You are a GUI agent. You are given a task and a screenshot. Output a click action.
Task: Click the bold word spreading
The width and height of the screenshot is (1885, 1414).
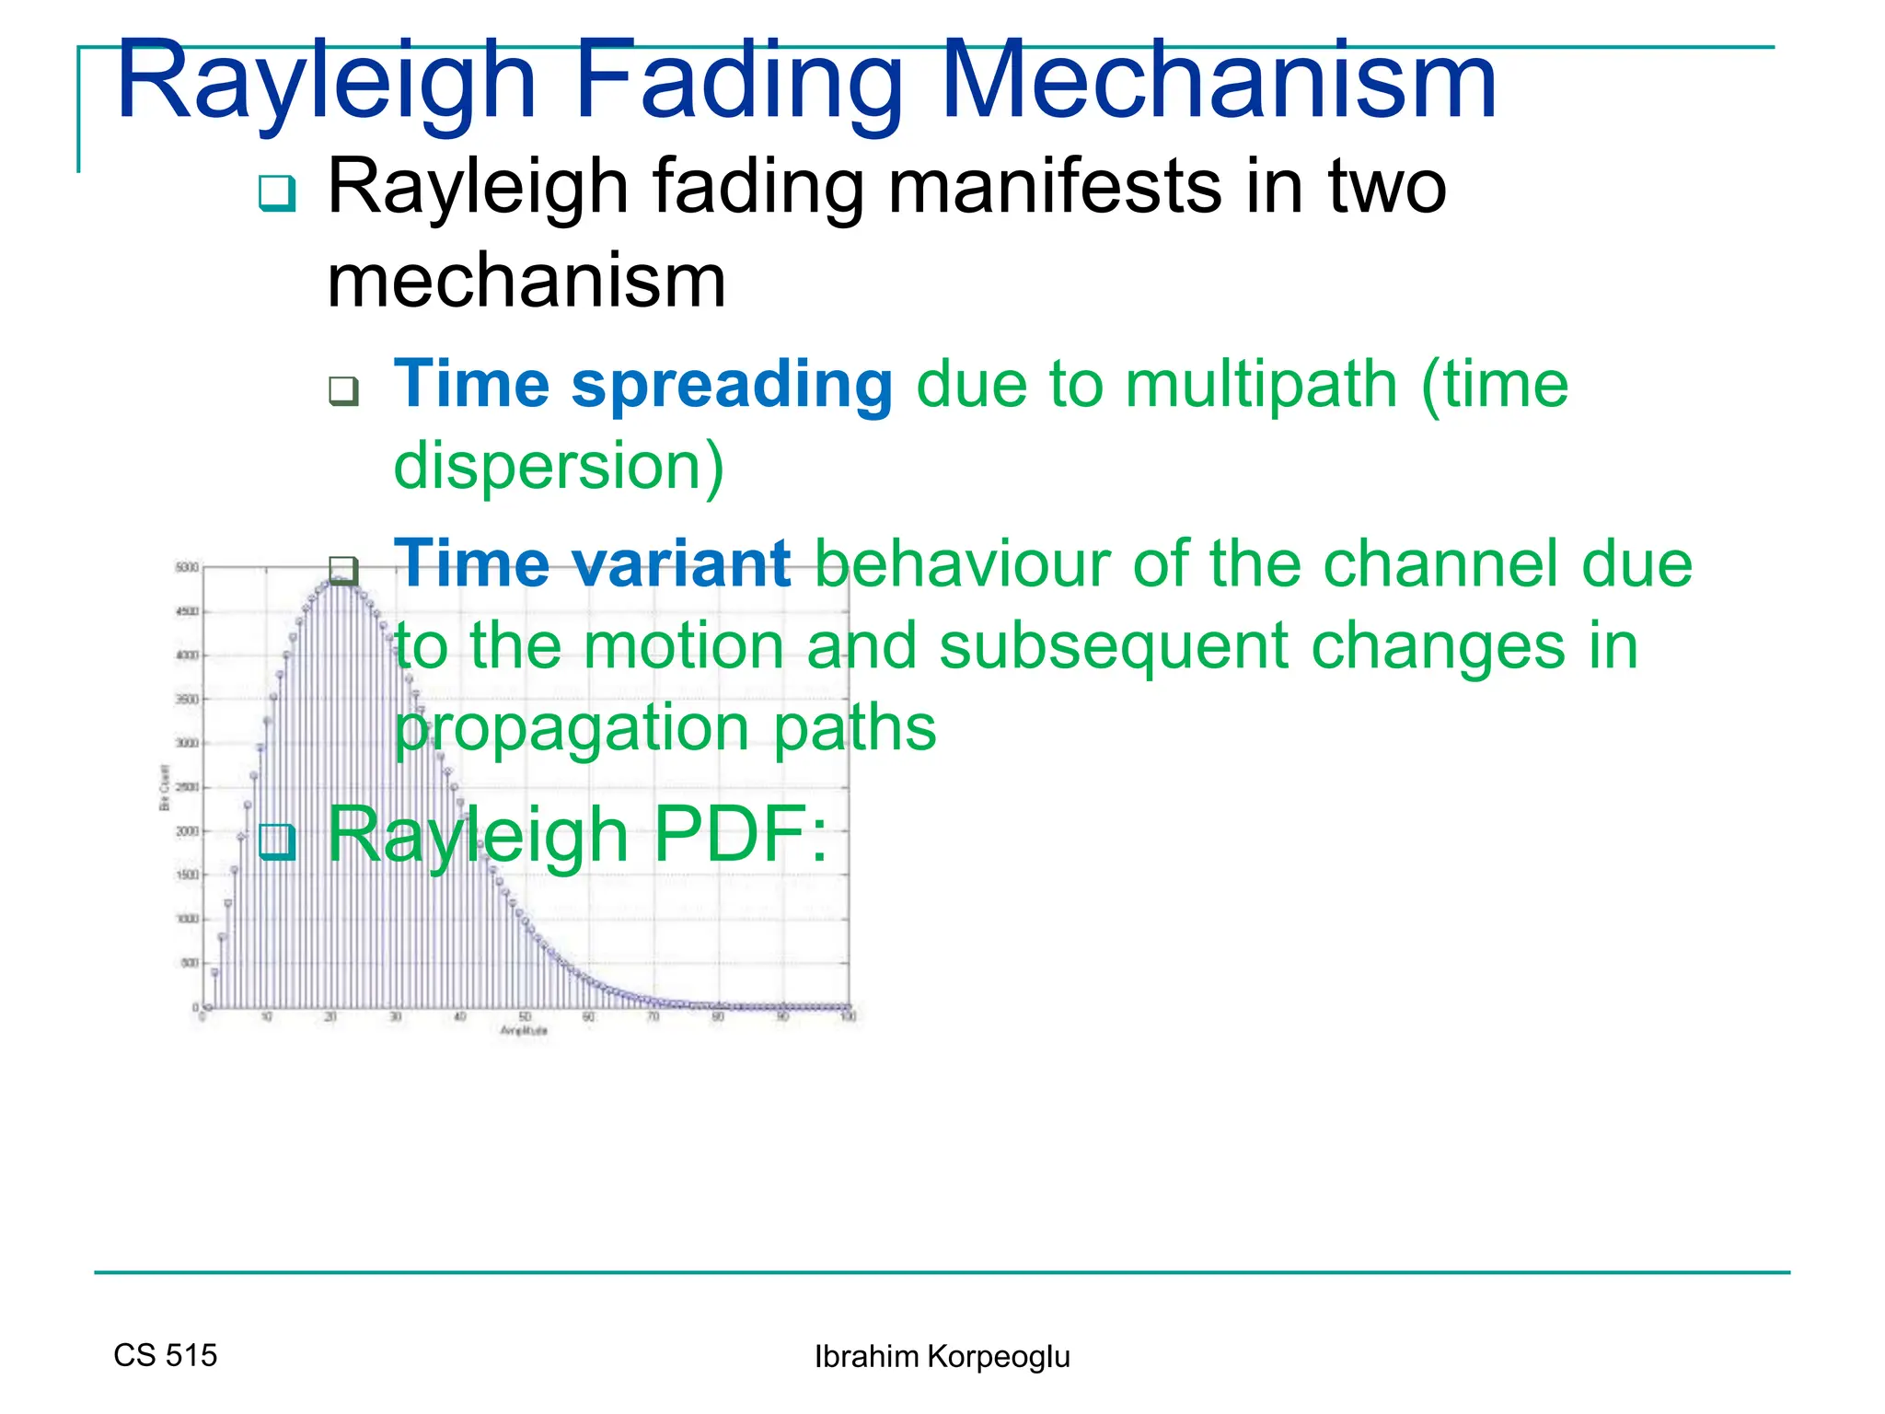click(732, 384)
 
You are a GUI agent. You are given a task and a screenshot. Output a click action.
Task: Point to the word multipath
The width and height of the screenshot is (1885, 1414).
click(1261, 384)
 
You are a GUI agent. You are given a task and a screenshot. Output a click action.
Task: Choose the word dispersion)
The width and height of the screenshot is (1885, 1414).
click(559, 466)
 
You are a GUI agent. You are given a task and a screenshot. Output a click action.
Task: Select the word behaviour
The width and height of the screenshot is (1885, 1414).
click(962, 563)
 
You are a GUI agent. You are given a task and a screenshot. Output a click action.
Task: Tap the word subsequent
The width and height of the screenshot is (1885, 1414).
click(1113, 645)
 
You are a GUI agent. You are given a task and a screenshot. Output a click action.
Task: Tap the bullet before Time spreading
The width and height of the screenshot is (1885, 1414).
click(343, 391)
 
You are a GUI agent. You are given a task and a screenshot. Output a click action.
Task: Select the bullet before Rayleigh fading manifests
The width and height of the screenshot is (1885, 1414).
click(276, 193)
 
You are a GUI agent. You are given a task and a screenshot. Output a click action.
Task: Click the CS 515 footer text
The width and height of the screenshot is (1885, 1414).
click(166, 1355)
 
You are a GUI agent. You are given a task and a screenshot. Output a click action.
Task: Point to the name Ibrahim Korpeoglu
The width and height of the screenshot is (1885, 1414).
click(942, 1357)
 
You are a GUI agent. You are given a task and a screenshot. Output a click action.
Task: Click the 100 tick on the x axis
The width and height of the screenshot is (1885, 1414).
click(849, 1017)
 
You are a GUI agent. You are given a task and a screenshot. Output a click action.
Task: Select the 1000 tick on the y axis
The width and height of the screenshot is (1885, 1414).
click(187, 919)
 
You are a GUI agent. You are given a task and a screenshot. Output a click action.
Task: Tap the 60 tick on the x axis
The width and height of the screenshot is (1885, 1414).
click(589, 1017)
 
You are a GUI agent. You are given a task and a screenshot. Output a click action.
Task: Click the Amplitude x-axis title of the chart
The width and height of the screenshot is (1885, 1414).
click(524, 1031)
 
